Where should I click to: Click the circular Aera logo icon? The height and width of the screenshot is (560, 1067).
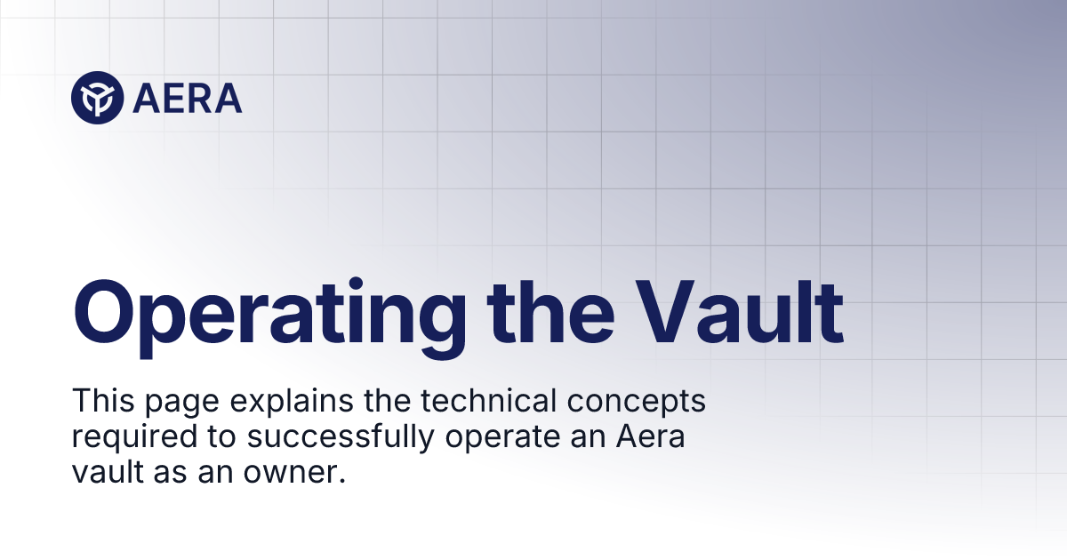97,97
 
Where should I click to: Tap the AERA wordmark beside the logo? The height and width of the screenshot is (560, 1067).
187,98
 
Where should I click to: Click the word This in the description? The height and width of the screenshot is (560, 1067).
98,402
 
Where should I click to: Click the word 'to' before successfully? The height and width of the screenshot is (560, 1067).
198,438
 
